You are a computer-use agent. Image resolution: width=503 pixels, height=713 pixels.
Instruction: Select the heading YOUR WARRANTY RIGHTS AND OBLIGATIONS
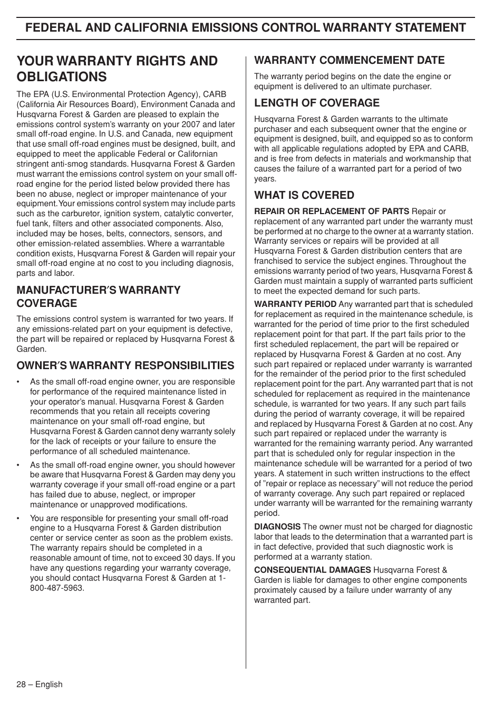(x=117, y=69)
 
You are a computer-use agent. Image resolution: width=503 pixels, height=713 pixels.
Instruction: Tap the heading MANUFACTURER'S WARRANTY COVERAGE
(x=98, y=296)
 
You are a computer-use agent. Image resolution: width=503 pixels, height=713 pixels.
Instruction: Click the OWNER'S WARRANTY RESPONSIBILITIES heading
(x=125, y=365)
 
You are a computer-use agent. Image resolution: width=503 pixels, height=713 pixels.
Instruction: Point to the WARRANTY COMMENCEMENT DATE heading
(x=349, y=60)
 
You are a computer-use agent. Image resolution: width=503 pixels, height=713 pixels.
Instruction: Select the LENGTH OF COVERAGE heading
(x=316, y=103)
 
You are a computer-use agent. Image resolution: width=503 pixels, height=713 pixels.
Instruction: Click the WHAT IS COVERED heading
(x=304, y=195)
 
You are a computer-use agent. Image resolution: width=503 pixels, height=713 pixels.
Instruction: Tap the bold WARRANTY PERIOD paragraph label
(x=295, y=304)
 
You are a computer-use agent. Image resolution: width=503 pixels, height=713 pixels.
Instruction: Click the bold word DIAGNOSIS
(x=277, y=527)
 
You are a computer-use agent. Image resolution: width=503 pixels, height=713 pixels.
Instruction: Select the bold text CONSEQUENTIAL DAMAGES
(x=312, y=570)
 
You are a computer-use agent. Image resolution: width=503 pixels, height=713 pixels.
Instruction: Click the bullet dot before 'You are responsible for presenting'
(x=18, y=518)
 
